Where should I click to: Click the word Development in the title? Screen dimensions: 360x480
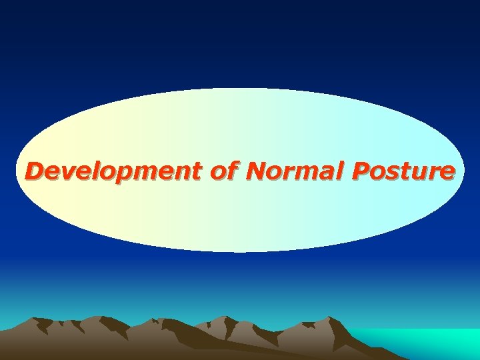[113, 172]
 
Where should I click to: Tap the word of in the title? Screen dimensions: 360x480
[223, 172]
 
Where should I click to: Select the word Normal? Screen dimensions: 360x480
[293, 172]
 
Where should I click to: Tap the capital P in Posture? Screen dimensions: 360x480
[359, 172]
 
